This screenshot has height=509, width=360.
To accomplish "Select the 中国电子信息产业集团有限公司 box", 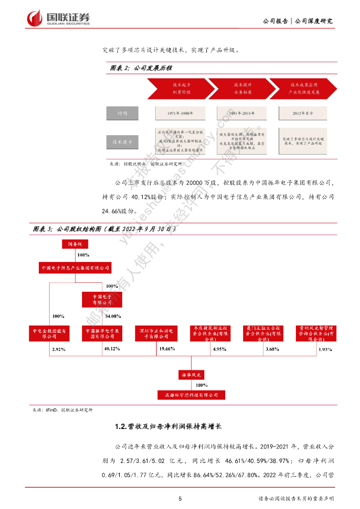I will click(x=75, y=268).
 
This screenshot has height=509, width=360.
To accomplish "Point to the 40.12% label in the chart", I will click(x=112, y=349).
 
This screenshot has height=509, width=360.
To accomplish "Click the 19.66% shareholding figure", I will click(x=167, y=349).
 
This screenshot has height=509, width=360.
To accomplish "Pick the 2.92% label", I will click(x=58, y=349).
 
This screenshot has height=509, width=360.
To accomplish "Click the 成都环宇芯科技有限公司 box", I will click(x=191, y=395).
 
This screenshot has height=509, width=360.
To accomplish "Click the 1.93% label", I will click(x=325, y=349).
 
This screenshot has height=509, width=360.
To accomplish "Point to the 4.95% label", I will click(x=219, y=349).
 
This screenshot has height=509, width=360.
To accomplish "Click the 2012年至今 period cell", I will click(x=303, y=114).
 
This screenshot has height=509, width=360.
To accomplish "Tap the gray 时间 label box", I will click(x=122, y=114).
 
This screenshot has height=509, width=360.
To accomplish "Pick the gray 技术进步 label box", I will click(x=122, y=142).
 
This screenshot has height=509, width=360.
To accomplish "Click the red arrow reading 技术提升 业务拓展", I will click(x=242, y=88).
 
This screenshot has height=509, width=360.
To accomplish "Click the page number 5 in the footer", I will click(x=180, y=499).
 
